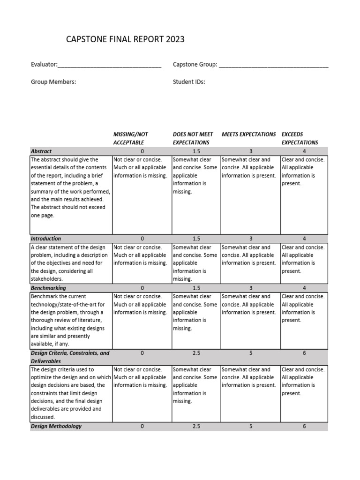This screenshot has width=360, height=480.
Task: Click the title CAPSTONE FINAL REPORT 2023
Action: [x=126, y=39]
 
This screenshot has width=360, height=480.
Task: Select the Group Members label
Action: [x=53, y=82]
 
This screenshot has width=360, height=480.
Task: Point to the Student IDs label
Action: [x=189, y=82]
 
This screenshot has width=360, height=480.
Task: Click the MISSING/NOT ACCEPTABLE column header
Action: [x=131, y=138]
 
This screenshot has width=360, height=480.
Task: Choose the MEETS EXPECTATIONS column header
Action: [x=248, y=135]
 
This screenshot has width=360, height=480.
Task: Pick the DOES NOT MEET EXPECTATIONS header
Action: [x=193, y=138]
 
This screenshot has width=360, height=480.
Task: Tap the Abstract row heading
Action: [x=41, y=151]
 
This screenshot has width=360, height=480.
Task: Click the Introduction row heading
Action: [x=46, y=239]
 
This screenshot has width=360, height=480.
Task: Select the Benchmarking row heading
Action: [x=48, y=288]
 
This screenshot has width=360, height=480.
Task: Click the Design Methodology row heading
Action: [x=56, y=426]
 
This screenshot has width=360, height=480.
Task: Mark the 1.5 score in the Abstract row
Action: [x=196, y=151]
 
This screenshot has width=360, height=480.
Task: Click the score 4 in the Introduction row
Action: [x=304, y=239]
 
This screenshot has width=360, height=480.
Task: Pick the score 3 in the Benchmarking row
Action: [x=251, y=288]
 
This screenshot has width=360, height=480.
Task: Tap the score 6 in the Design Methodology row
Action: [x=304, y=426]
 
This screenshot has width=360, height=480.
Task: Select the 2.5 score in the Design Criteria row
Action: [x=196, y=353]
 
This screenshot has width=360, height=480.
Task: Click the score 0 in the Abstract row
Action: [x=142, y=151]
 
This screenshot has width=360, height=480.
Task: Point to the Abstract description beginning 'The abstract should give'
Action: [x=71, y=187]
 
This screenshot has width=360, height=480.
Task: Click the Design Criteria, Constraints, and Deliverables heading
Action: [x=70, y=357]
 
